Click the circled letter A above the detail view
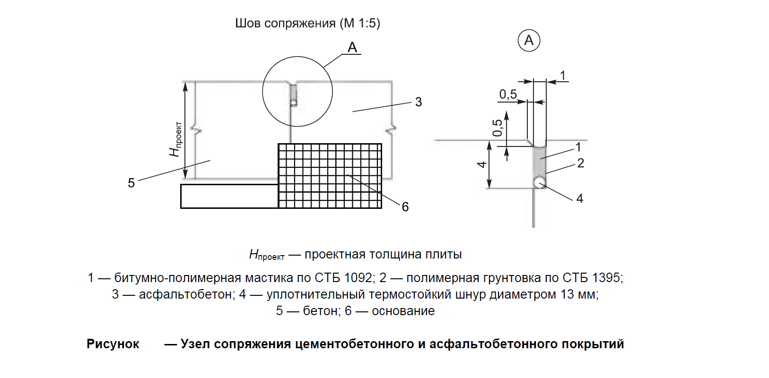529,41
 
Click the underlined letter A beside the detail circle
352,47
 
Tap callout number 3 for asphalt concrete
418,102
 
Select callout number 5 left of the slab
131,183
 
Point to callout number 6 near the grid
405,206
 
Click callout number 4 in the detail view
580,198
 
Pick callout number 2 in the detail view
581,163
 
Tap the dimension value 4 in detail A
482,164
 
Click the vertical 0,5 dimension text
497,128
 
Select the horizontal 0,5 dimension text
508,94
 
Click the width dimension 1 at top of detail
563,76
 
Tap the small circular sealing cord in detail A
540,182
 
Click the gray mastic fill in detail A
540,161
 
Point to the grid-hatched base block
330,176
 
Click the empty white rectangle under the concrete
229,196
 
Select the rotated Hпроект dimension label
175,139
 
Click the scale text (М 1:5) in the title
360,23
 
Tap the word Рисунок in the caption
113,344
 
